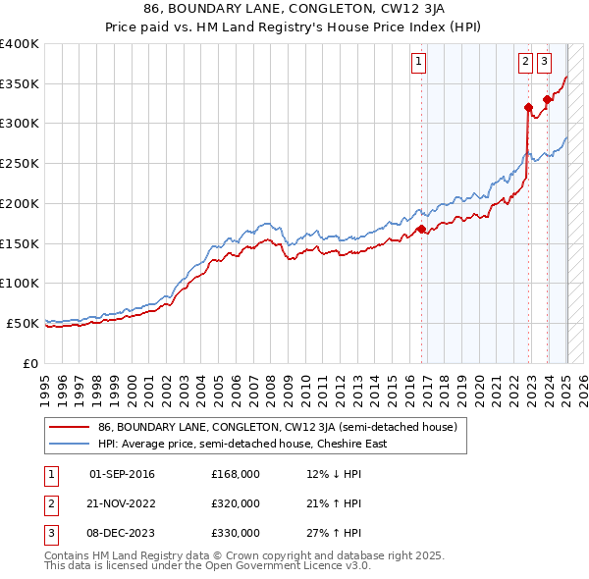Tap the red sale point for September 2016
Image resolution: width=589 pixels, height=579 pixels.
421,229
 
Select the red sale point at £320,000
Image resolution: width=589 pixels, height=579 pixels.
528,107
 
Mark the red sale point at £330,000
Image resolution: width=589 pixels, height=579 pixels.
547,99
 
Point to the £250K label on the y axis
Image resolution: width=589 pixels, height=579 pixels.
20,164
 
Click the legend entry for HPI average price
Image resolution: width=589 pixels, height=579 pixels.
241,444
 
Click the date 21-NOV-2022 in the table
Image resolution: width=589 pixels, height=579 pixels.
122,503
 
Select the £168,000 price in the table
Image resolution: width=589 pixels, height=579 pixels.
236,474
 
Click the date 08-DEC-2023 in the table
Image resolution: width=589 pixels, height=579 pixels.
122,533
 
